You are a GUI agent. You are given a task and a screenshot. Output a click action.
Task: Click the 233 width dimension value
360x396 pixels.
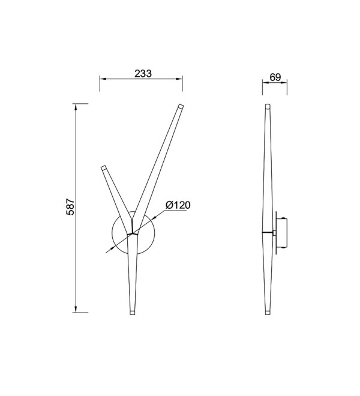(x=143, y=73)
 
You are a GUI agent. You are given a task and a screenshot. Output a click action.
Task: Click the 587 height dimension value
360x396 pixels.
(x=70, y=207)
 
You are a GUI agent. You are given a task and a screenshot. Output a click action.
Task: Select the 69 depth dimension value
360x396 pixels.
(x=275, y=77)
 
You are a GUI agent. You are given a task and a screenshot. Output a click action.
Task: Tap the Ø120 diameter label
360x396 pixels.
(x=178, y=205)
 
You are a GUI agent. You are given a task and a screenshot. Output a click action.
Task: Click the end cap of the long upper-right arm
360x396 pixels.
(x=181, y=106)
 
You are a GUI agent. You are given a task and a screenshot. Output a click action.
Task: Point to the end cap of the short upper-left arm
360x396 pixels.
(x=104, y=167)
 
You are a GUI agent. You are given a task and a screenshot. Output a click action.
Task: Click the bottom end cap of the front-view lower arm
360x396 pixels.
(x=133, y=313)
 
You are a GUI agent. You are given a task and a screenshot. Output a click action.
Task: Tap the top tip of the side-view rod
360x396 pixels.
(x=268, y=104)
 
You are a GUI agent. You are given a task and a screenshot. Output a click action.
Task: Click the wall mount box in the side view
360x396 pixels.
(x=281, y=233)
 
